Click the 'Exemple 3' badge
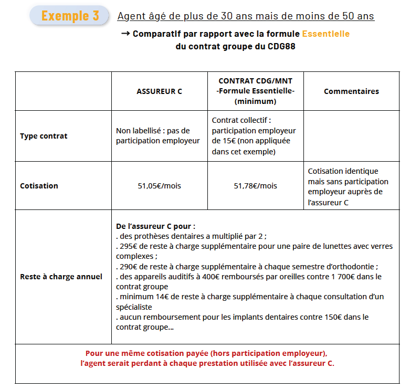point(70,16)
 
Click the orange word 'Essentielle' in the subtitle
point(325,34)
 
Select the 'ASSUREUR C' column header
point(159,91)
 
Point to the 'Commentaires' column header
point(351,91)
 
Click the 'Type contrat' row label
point(44,136)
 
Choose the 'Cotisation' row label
point(39,186)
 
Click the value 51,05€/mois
point(159,186)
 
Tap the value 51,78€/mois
point(255,186)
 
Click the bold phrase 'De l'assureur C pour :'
point(155,226)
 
